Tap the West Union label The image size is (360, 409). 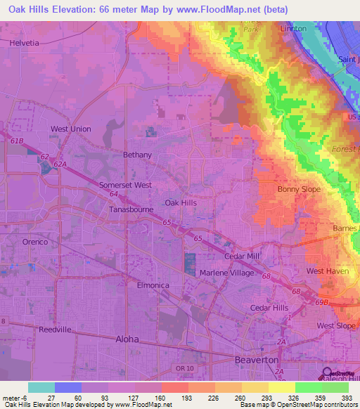coord(70,129)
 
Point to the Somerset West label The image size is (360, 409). coord(126,185)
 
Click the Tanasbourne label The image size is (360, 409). coord(131,210)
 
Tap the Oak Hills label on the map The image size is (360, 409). coord(180,202)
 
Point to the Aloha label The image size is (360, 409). coord(127,339)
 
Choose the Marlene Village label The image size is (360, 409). coord(227,273)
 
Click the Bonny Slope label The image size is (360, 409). coord(299,189)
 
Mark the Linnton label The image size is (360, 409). coord(292,28)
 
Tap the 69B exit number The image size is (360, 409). coord(322,301)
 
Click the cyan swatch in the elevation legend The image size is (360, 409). coord(41,387)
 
